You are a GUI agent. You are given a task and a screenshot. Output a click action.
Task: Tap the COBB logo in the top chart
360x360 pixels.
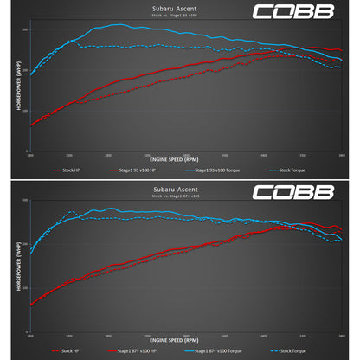click(305, 12)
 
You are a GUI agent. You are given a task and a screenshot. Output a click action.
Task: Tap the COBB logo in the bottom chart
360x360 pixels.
click(305, 189)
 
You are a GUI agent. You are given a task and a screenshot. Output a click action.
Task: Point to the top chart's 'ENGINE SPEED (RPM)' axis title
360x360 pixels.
click(179, 161)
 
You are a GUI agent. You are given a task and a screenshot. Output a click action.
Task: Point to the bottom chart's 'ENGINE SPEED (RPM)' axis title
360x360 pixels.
click(179, 338)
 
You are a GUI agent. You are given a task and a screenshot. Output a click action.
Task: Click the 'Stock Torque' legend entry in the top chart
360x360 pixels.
click(290, 171)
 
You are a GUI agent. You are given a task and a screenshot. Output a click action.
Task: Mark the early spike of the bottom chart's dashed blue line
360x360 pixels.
click(71, 211)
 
